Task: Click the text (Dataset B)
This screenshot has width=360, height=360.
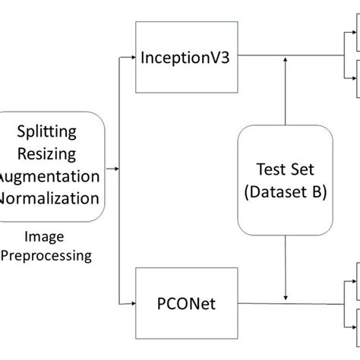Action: pos(284,193)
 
